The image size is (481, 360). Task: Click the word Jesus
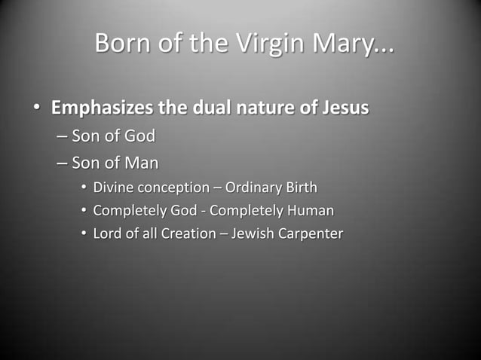pyautogui.click(x=342, y=108)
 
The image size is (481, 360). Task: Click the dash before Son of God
pyautogui.click(x=61, y=137)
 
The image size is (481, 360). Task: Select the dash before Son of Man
pyautogui.click(x=61, y=163)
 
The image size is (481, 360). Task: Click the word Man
pyautogui.click(x=141, y=163)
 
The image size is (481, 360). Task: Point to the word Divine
pyautogui.click(x=114, y=187)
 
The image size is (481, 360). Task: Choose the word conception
pyautogui.click(x=173, y=187)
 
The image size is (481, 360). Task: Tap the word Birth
pyautogui.click(x=300, y=187)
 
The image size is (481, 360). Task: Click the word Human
pyautogui.click(x=311, y=210)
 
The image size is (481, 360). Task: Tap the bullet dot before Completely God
pyautogui.click(x=84, y=211)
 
